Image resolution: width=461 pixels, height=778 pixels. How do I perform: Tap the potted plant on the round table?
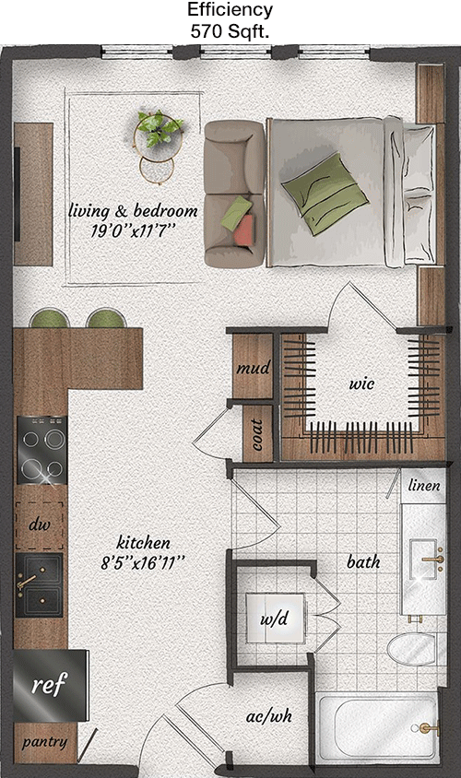coord(159,127)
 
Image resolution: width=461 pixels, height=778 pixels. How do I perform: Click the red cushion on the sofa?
coord(243,230)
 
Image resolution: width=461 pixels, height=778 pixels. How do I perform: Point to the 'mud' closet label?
coord(253,368)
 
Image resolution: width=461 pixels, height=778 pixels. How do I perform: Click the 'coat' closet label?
coord(257,435)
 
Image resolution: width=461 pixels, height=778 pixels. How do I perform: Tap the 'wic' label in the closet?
coord(361,383)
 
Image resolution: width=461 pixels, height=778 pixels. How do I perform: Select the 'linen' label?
coord(424,485)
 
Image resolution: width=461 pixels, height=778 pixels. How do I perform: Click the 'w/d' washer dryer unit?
coord(275,619)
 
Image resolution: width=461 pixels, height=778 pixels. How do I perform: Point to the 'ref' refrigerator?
coord(50,685)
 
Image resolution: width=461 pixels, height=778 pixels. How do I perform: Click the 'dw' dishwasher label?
coord(40,525)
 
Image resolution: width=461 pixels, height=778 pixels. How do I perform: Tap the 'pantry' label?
coord(44,742)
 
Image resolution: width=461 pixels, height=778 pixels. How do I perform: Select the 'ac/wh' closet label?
coord(269,716)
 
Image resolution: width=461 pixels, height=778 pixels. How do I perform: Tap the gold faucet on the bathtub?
coord(428,729)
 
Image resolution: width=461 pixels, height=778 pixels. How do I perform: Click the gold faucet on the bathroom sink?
coord(433,559)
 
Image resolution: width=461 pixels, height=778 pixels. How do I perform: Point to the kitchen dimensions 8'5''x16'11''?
coord(143,563)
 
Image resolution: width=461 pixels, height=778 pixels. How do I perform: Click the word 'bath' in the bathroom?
coord(363,561)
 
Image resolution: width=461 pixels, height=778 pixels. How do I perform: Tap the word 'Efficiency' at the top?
coord(230,9)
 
